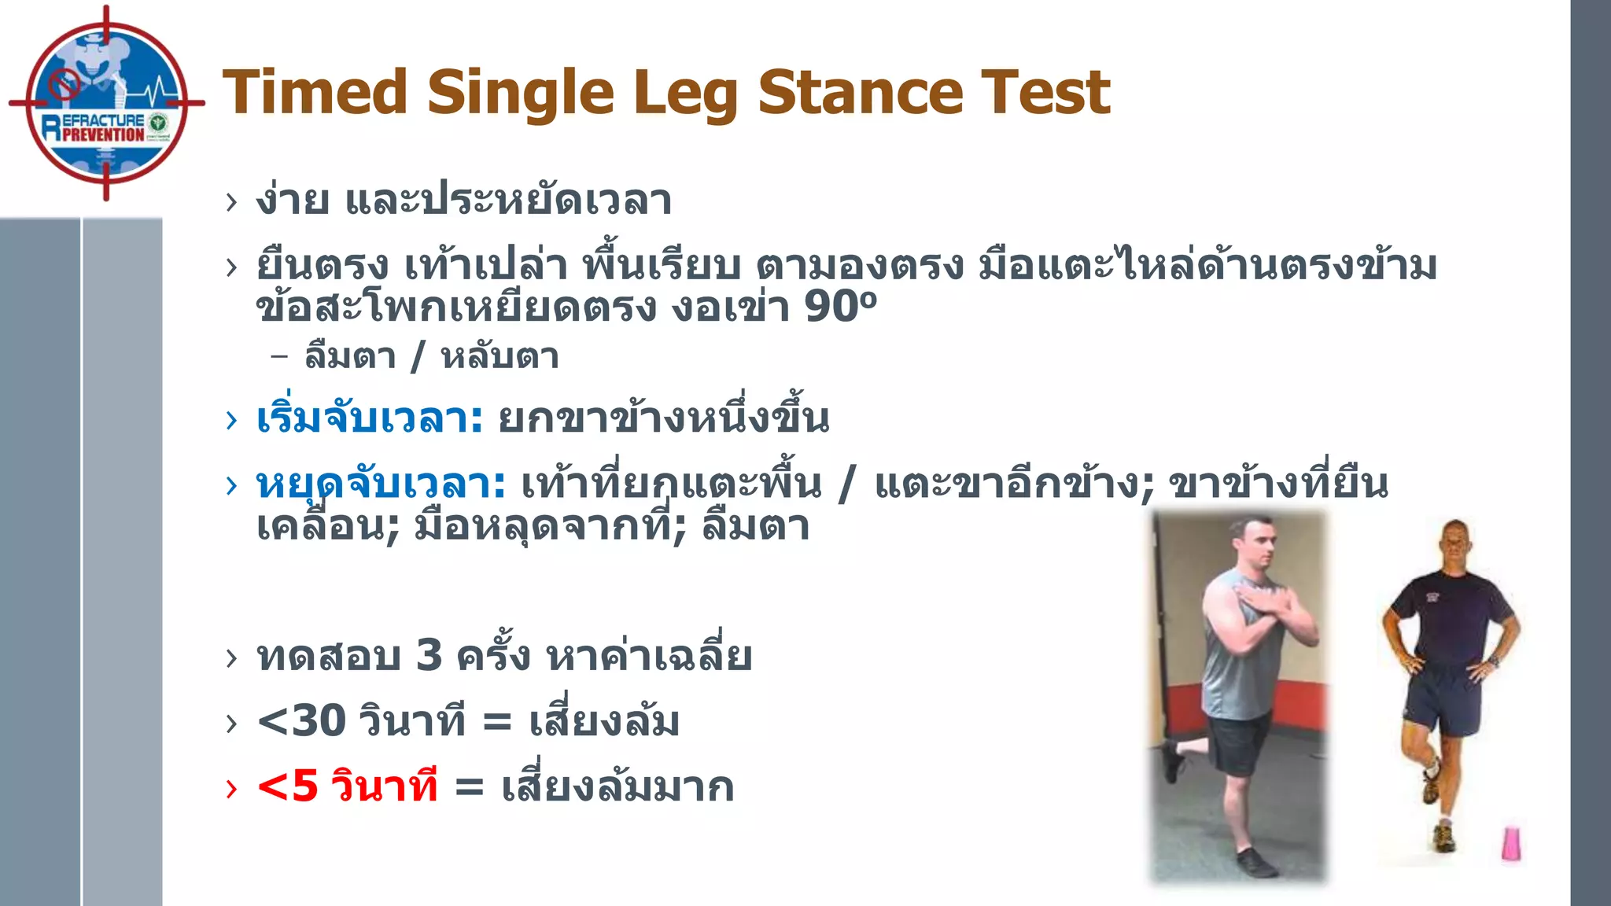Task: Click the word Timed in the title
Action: pyautogui.click(x=315, y=93)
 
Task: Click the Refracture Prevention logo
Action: pyautogui.click(x=105, y=103)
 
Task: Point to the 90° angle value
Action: pyautogui.click(x=839, y=307)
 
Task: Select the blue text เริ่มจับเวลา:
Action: pyautogui.click(x=369, y=418)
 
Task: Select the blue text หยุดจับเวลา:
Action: pyautogui.click(x=381, y=484)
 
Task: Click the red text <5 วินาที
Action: pyautogui.click(x=347, y=786)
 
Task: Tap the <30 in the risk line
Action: pyautogui.click(x=301, y=720)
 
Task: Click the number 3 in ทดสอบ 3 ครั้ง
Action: pyautogui.click(x=429, y=655)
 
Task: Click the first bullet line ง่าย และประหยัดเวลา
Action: pyautogui.click(x=463, y=200)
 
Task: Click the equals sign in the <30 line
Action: pyautogui.click(x=496, y=722)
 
